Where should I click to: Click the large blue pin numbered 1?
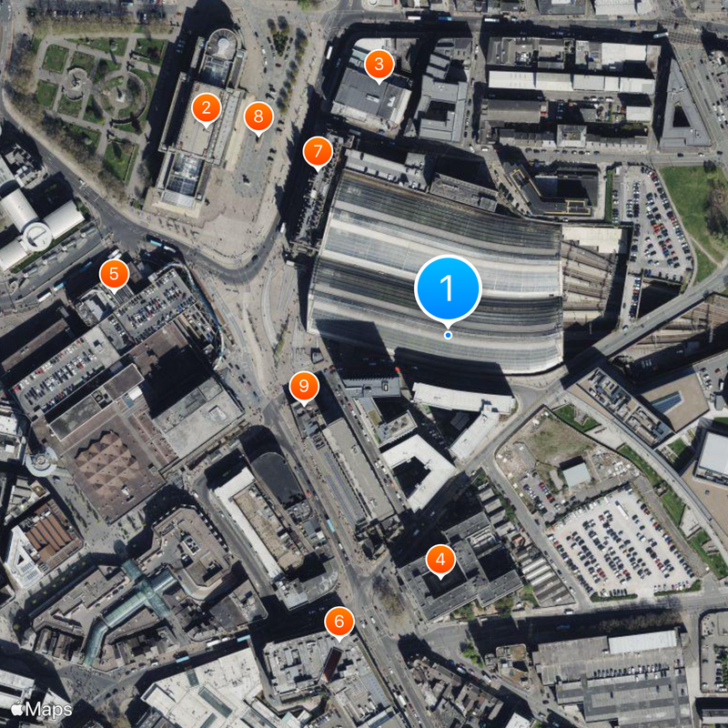[447, 288]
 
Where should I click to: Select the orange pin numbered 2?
[207, 109]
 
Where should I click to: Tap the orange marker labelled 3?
[379, 65]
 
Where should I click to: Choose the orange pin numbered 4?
[440, 560]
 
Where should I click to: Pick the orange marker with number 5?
[114, 273]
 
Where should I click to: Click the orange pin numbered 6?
[339, 622]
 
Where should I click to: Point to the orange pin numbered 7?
[317, 150]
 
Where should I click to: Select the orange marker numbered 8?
[258, 116]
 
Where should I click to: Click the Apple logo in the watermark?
[17, 709]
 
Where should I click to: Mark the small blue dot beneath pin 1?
[448, 335]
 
